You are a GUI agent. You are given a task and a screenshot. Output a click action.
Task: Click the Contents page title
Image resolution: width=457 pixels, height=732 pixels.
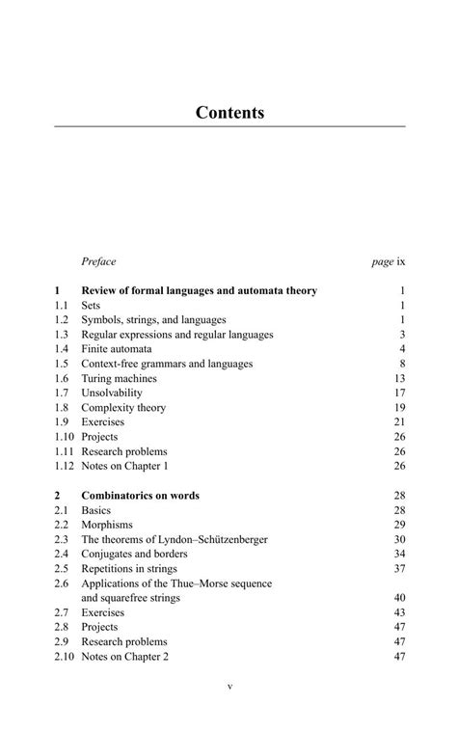pyautogui.click(x=229, y=113)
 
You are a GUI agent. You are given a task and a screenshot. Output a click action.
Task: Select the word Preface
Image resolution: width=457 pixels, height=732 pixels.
pyautogui.click(x=98, y=261)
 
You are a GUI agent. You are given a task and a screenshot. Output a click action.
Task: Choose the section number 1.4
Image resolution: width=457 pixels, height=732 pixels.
pyautogui.click(x=63, y=348)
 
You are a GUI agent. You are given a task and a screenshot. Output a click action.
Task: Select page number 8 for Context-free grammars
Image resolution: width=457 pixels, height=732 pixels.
pyautogui.click(x=401, y=364)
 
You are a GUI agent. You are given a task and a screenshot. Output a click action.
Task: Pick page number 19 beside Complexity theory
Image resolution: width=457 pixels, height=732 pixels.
pyautogui.click(x=399, y=408)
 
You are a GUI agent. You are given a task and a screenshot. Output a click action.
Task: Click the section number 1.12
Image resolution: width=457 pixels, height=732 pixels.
pyautogui.click(x=65, y=466)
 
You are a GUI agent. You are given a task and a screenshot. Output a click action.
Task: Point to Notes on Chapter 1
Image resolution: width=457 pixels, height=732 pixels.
pyautogui.click(x=125, y=466)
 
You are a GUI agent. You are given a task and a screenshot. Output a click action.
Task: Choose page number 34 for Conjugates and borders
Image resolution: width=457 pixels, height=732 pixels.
pyautogui.click(x=399, y=554)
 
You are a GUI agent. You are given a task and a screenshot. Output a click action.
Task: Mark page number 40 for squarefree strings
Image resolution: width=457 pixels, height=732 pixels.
pyautogui.click(x=399, y=598)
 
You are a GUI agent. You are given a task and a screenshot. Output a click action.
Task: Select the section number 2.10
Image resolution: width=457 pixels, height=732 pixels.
pyautogui.click(x=65, y=657)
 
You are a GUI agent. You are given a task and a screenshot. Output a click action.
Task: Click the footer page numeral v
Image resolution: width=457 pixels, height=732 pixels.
pyautogui.click(x=229, y=687)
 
